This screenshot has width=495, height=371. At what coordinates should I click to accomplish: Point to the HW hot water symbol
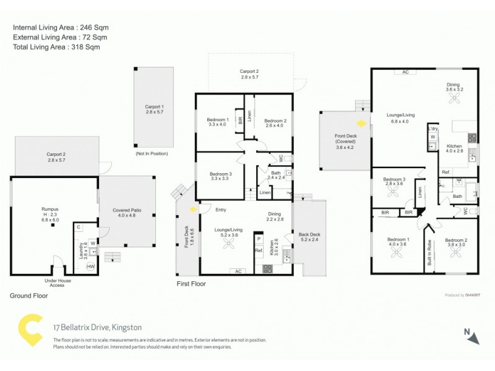click(90, 266)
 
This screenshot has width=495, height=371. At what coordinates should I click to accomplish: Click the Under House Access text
click(57, 282)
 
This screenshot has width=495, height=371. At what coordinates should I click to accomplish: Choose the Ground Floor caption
click(28, 296)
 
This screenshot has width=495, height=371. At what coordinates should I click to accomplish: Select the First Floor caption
click(191, 284)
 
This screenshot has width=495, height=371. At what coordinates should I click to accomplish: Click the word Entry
click(221, 209)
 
